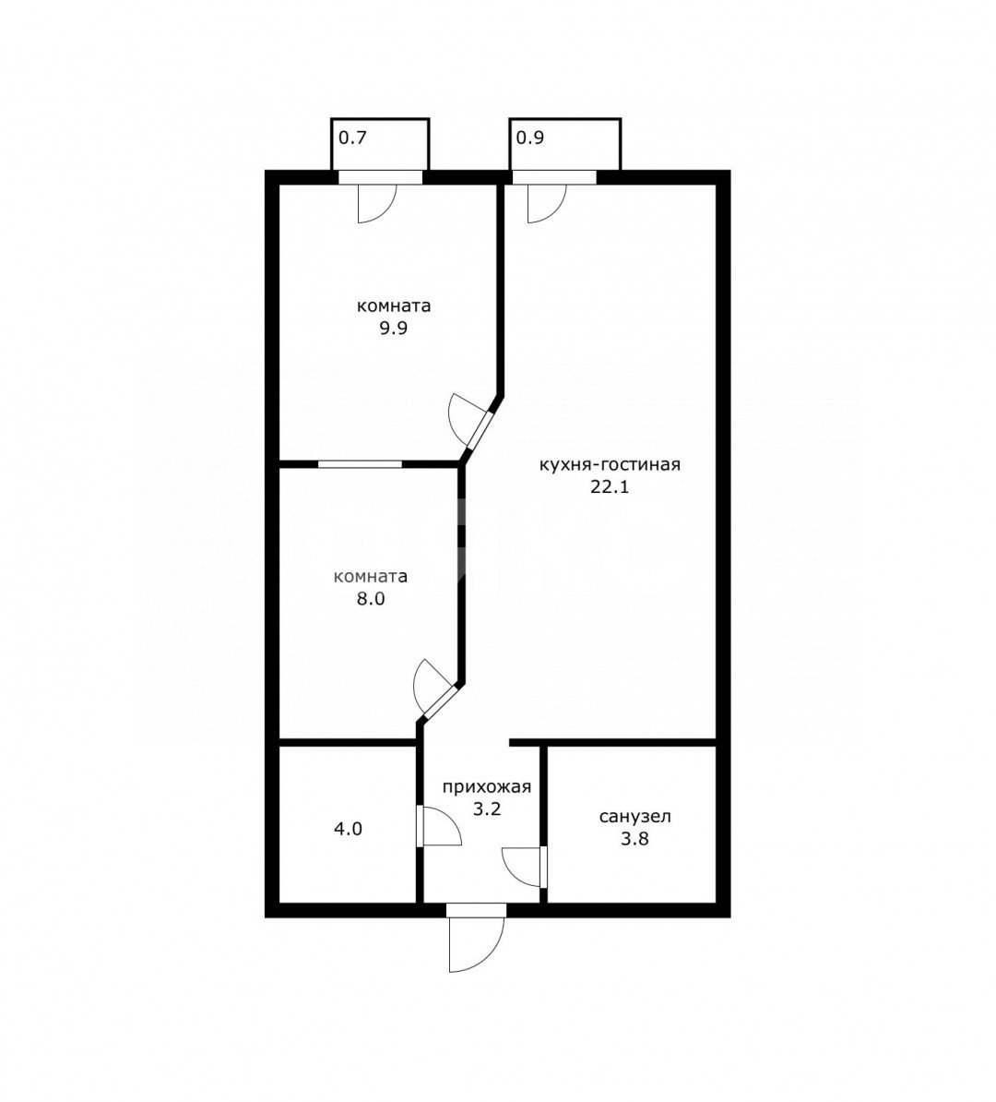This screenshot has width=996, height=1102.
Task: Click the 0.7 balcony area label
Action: pyautogui.click(x=352, y=138)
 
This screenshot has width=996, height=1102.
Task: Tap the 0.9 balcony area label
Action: pyautogui.click(x=530, y=138)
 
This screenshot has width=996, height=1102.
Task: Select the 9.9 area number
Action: pyautogui.click(x=394, y=329)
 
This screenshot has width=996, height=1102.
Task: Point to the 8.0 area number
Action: pyautogui.click(x=370, y=599)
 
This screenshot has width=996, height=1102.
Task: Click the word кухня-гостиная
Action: pyautogui.click(x=610, y=464)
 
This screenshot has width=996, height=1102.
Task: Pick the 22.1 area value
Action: pyautogui.click(x=610, y=486)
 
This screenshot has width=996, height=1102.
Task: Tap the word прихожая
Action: pyautogui.click(x=486, y=787)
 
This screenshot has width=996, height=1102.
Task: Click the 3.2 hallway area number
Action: pyautogui.click(x=486, y=809)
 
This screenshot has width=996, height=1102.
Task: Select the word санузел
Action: pyautogui.click(x=635, y=817)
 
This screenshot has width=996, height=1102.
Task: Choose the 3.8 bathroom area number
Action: pyautogui.click(x=634, y=838)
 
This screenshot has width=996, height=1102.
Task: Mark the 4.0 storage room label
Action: pyautogui.click(x=348, y=830)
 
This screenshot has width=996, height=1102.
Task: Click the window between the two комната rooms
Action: pyautogui.click(x=360, y=464)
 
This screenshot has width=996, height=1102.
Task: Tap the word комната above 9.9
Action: pyautogui.click(x=394, y=306)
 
